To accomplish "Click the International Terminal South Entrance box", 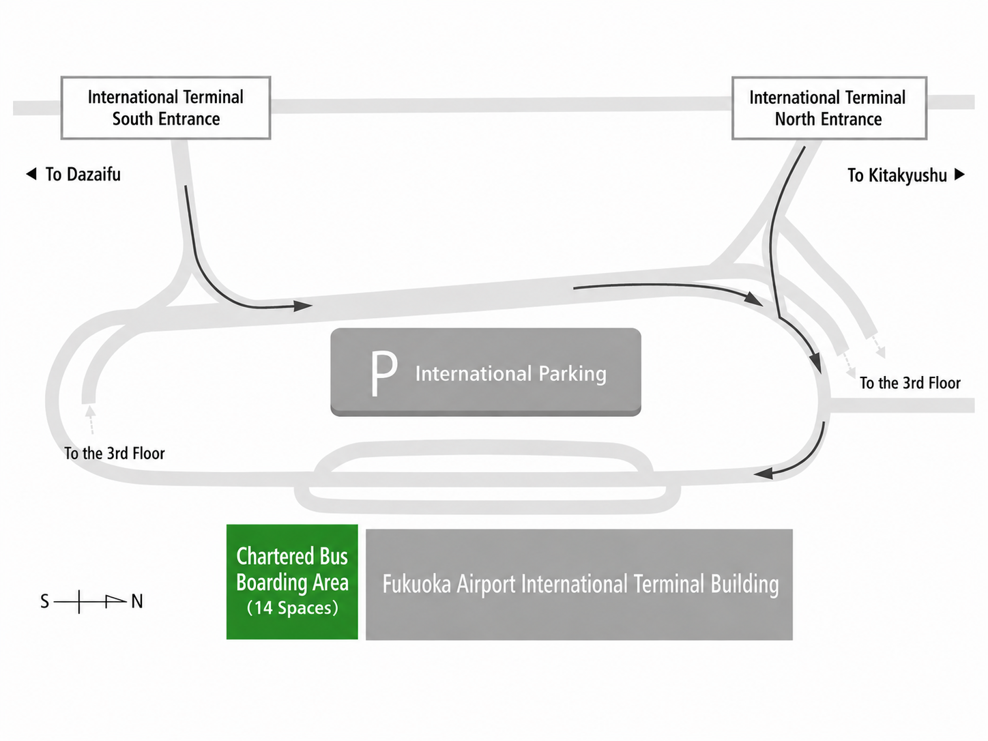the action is (166, 108).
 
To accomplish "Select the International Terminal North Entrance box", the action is (829, 108).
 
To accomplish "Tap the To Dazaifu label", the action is (74, 175).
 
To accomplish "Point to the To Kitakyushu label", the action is (905, 175).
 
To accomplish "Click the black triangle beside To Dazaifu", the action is (31, 174).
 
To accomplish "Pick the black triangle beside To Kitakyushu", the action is (959, 174).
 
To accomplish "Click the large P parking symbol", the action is (384, 373).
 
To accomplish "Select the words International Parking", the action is (511, 374).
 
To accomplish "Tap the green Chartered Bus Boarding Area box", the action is (292, 582).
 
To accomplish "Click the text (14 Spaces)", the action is (292, 608).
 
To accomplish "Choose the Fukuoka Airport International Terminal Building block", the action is (579, 585).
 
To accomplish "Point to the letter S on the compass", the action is (44, 602).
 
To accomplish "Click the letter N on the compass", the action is (137, 602).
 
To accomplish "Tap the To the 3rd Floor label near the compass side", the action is (115, 453).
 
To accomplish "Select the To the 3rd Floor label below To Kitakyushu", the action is (910, 383).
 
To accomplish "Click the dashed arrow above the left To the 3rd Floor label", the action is (91, 420).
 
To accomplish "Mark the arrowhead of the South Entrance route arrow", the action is (302, 306).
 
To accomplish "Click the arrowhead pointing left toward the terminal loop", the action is (764, 474).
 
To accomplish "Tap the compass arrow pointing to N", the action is (90, 601).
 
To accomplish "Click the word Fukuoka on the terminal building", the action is (416, 585).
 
